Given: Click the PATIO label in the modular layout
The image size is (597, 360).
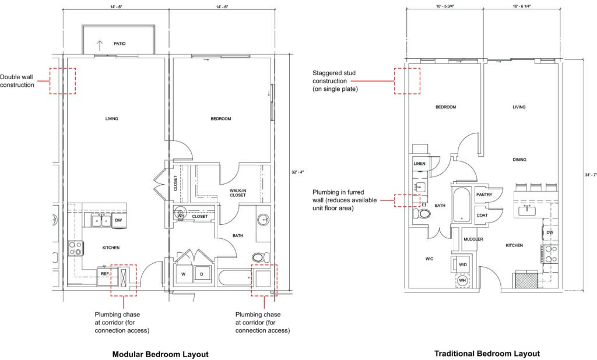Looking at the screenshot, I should (120, 44).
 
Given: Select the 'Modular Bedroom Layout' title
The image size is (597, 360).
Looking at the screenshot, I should (160, 354).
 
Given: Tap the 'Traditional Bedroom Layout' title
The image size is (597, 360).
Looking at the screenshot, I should (487, 354).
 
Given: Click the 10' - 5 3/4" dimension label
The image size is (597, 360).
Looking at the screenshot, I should (444, 6).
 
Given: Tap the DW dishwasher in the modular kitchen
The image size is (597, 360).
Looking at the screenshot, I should (118, 220).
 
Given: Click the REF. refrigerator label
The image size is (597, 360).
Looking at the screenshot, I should (105, 273).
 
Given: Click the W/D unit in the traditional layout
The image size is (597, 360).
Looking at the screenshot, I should (463, 264).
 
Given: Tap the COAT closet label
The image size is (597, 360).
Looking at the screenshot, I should (482, 215).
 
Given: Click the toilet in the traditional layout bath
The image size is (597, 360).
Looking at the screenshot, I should (423, 214).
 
